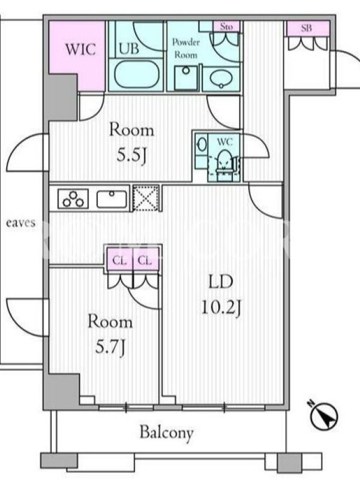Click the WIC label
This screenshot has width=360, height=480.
point(80,49)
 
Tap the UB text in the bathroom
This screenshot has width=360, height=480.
point(129,49)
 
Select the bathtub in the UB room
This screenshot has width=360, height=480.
point(137,74)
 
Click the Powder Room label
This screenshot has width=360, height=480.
point(186,48)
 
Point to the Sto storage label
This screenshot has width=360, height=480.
point(226,26)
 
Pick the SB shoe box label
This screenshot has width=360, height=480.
point(307,28)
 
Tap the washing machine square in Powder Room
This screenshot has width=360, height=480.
point(186,77)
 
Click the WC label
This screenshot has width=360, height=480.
point(224,142)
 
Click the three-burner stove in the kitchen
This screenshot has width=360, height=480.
point(73,199)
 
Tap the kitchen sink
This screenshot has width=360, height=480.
point(112,199)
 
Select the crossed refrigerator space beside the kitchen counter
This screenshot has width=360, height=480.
point(146,198)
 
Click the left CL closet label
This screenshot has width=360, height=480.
point(119,261)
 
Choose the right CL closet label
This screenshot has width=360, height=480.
point(145,261)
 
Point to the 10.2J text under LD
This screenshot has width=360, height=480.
point(221,308)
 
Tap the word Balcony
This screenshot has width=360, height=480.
point(167,433)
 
